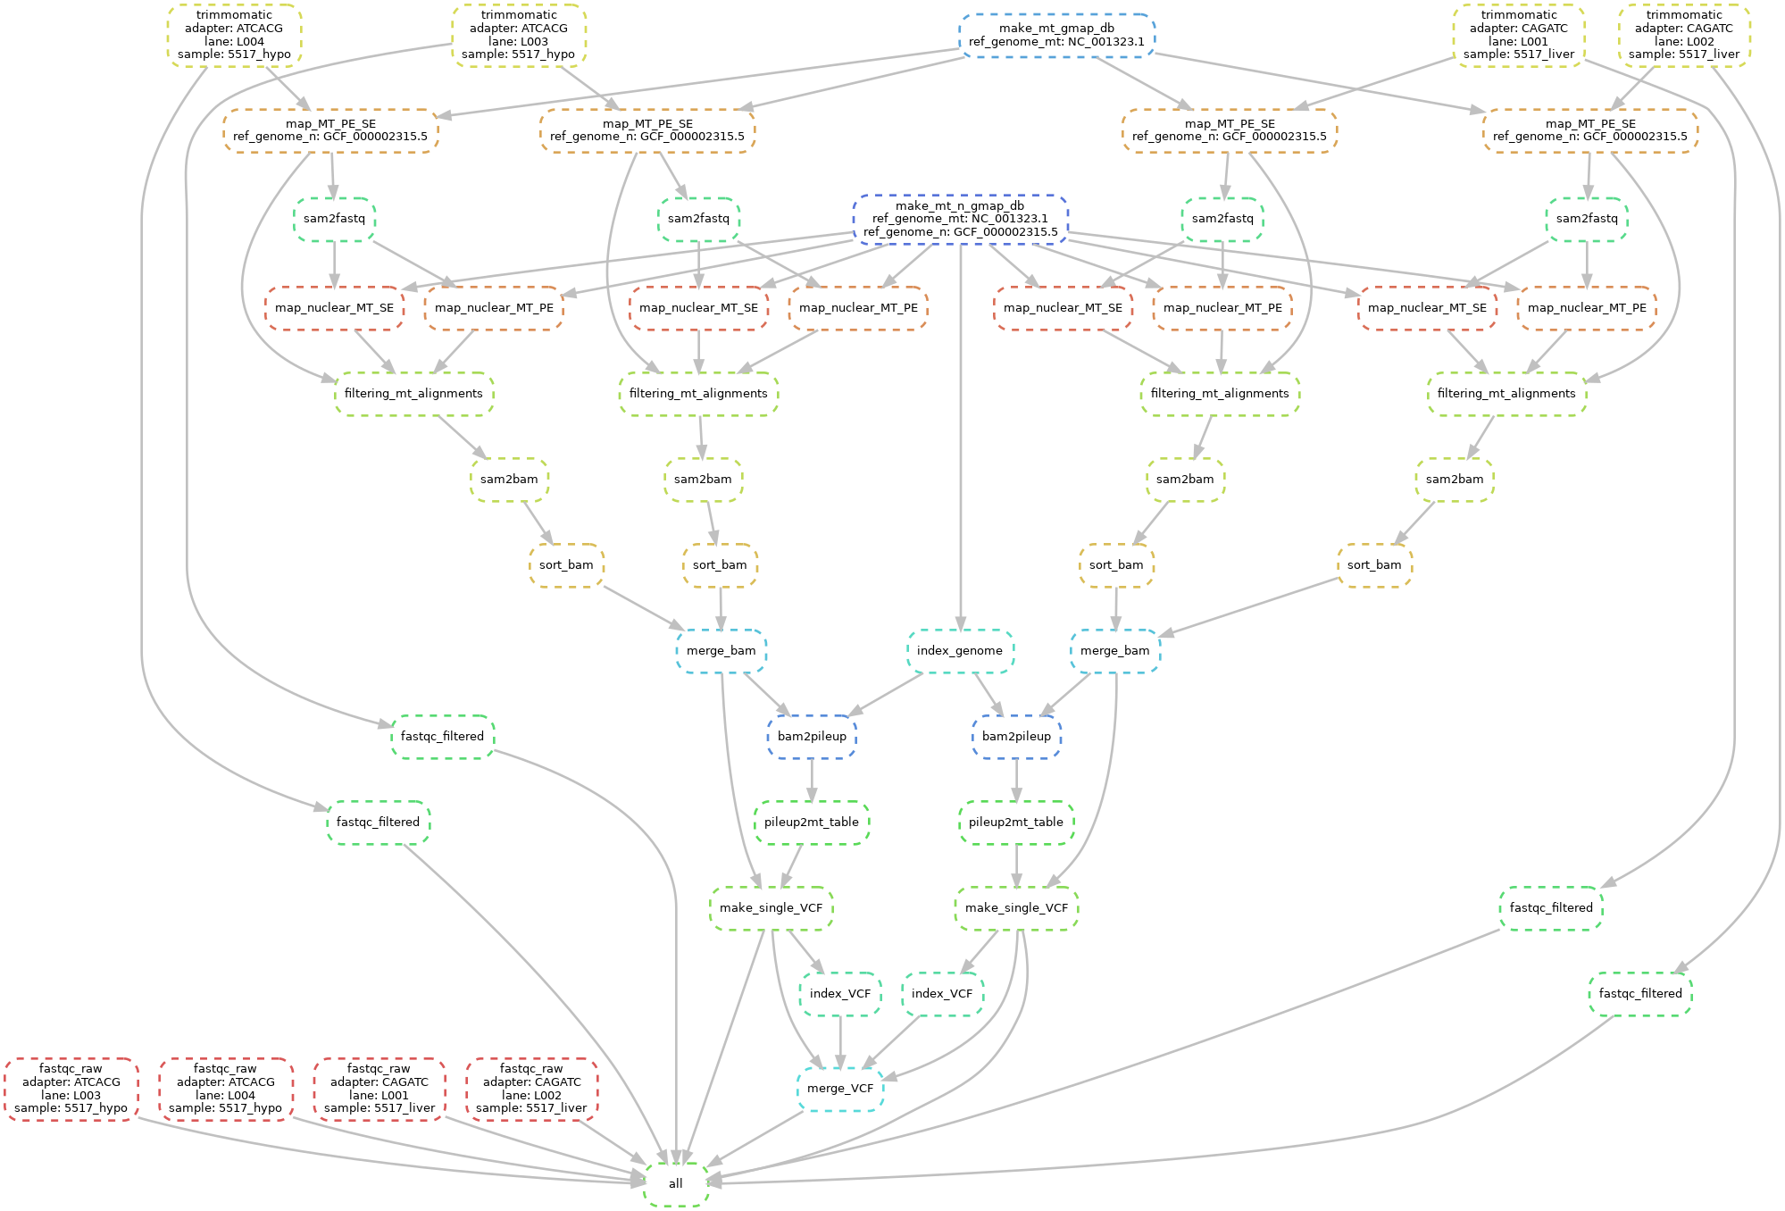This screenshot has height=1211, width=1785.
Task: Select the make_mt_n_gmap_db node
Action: click(x=960, y=219)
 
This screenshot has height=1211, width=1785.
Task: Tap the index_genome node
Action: click(x=960, y=651)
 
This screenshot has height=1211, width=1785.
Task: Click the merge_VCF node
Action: click(x=840, y=1089)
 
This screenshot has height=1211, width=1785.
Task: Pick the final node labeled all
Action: click(x=676, y=1184)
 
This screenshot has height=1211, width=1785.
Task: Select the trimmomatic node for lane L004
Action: click(x=234, y=35)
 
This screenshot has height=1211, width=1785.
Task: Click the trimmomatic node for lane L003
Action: click(x=519, y=35)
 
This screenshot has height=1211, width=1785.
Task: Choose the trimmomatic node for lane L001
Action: click(x=1519, y=35)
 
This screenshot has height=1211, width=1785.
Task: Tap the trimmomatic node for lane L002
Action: click(x=1684, y=35)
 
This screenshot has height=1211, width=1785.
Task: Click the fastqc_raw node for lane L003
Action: click(x=71, y=1089)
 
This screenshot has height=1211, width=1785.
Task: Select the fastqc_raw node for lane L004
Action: click(x=226, y=1089)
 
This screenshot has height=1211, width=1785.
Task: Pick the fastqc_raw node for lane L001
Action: click(x=380, y=1089)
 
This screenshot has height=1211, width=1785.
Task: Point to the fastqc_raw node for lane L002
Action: click(x=531, y=1089)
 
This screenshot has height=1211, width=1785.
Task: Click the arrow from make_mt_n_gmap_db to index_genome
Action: click(x=960, y=447)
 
